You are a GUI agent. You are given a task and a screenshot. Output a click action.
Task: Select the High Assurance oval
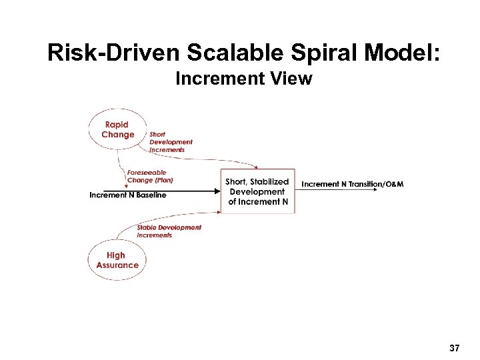click(x=117, y=260)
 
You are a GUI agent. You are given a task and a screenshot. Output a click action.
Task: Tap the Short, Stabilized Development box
click(x=257, y=191)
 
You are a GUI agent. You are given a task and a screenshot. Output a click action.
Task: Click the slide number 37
click(x=455, y=348)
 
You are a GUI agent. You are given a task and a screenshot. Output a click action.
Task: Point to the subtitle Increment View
click(x=243, y=79)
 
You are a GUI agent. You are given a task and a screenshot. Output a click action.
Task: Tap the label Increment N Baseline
click(x=128, y=195)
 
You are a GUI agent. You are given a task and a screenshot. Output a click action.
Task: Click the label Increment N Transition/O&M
click(x=353, y=184)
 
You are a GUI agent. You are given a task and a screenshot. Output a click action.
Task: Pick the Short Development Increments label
click(x=171, y=142)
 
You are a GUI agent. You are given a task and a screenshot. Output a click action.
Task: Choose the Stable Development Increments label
click(x=169, y=231)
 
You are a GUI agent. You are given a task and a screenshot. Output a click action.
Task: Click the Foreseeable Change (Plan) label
click(x=149, y=177)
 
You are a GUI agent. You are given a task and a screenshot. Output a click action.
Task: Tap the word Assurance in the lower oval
click(x=117, y=265)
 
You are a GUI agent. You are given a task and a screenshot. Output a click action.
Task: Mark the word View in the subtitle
click(x=295, y=79)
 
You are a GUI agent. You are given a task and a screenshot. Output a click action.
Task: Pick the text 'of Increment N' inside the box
click(x=258, y=201)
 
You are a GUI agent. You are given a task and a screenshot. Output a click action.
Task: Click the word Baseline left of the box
click(x=149, y=195)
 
